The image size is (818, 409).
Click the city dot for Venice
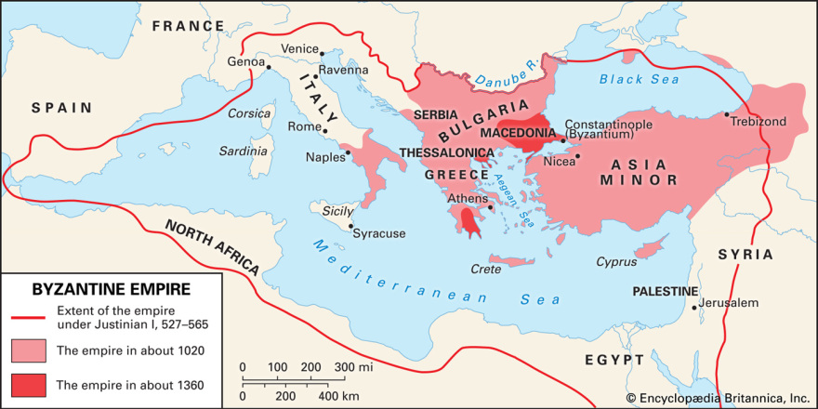321,54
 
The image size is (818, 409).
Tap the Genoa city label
245,62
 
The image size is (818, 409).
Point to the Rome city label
304,126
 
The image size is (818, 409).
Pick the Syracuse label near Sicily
379,233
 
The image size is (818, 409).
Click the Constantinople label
609,123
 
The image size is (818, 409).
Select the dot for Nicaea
577,156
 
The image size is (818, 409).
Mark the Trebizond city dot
727,115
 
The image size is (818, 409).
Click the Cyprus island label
616,262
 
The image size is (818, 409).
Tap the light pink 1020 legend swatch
28,350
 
